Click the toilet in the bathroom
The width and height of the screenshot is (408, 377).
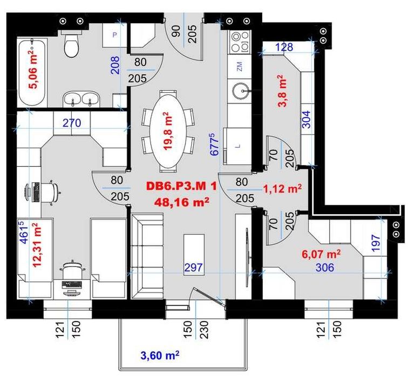pos(71,44)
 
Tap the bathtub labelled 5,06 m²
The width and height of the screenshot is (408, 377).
pos(32,72)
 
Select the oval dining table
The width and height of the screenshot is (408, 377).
pos(168,131)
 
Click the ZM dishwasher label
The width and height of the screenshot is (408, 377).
pos(240,66)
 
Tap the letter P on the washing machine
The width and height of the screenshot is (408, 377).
pos(114,35)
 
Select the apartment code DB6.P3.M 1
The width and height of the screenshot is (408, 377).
pos(181,186)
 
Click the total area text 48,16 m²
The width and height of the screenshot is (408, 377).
pos(182,202)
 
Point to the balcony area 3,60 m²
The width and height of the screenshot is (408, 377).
pos(160,355)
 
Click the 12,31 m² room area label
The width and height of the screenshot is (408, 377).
pos(37,245)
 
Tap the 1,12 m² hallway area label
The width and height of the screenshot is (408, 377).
pos(283,188)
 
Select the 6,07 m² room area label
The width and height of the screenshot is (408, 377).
pos(321,253)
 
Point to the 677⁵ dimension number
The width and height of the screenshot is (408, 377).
pos(214,145)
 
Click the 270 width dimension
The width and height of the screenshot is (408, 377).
pos(72,123)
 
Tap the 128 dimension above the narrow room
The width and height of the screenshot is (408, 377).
pos(284,47)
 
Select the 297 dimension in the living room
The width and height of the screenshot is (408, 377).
pos(194,268)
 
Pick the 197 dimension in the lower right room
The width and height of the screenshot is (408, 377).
pos(376,243)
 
